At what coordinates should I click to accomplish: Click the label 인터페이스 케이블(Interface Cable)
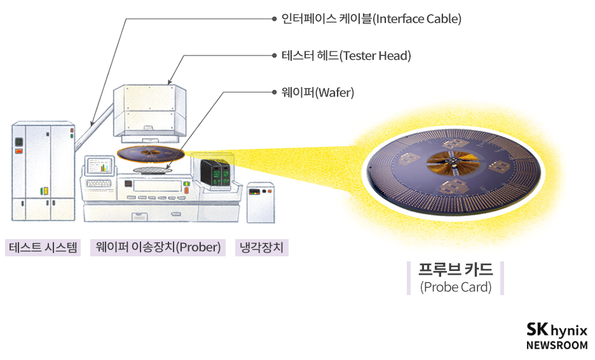pyautogui.click(x=371, y=19)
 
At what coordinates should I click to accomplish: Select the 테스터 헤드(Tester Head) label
pyautogui.click(x=346, y=56)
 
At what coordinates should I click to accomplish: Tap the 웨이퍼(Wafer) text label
pyautogui.click(x=318, y=93)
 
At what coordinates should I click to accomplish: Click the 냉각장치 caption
pyautogui.click(x=261, y=247)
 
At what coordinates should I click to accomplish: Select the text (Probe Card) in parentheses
pyautogui.click(x=456, y=287)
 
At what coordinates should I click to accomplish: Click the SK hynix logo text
pyautogui.click(x=557, y=330)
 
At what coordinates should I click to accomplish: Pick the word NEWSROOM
pyautogui.click(x=557, y=345)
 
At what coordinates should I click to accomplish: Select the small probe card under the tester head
pyautogui.click(x=151, y=153)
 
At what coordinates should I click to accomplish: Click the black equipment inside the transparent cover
pyautogui.click(x=214, y=172)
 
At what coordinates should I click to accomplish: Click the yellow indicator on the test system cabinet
pyautogui.click(x=44, y=190)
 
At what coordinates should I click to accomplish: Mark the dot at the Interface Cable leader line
pyautogui.click(x=274, y=19)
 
